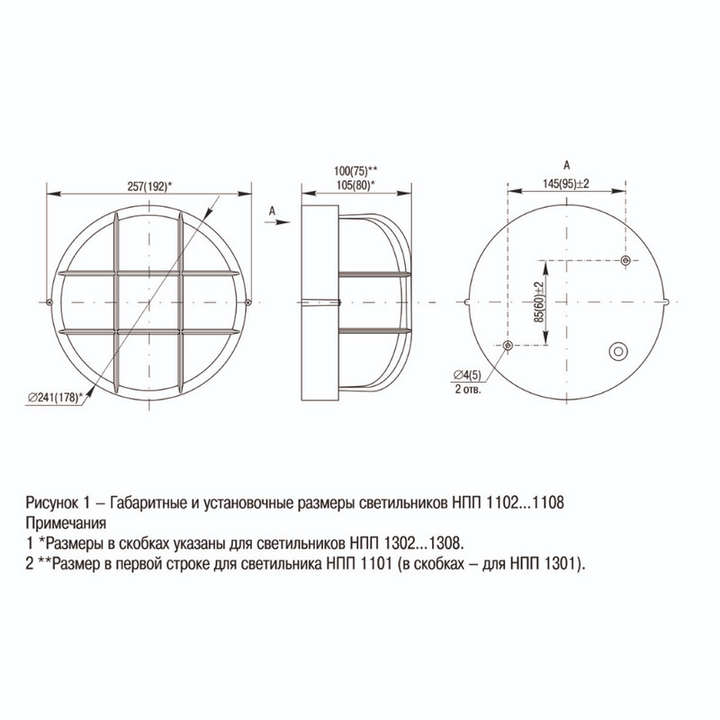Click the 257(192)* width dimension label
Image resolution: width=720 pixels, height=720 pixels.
[x=149, y=187]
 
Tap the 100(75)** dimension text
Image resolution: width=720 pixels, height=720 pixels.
[x=355, y=171]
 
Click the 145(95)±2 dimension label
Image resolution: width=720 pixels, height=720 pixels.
[x=566, y=184]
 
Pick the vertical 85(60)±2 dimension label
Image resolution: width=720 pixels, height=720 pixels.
[x=538, y=301]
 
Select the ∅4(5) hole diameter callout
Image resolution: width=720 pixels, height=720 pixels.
[x=467, y=375]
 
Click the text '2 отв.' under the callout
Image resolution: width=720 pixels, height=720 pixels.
[x=468, y=390]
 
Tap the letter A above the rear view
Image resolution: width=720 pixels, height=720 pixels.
[x=567, y=166]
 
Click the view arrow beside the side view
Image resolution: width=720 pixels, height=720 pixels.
[x=277, y=222]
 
